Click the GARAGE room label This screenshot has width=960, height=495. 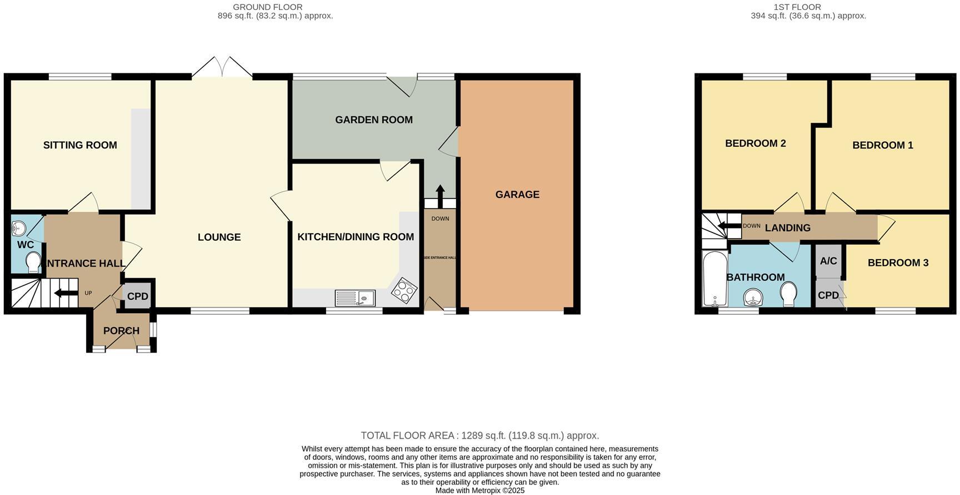point(517,194)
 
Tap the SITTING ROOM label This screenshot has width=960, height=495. point(80,145)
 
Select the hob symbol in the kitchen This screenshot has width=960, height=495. point(404,291)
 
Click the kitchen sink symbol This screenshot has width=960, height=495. point(355,298)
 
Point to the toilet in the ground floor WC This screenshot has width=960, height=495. point(33,262)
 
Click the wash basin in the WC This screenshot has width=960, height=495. point(19,227)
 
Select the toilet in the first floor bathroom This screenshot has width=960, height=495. point(788,293)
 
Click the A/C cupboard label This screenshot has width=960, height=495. point(828,261)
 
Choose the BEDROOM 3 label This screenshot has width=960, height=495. point(898,263)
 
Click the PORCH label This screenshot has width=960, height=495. point(121,331)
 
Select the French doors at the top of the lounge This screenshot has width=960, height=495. point(222,68)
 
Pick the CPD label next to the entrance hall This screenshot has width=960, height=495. point(137,296)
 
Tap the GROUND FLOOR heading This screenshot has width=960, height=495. point(268,7)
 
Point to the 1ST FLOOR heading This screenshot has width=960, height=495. point(797,7)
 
